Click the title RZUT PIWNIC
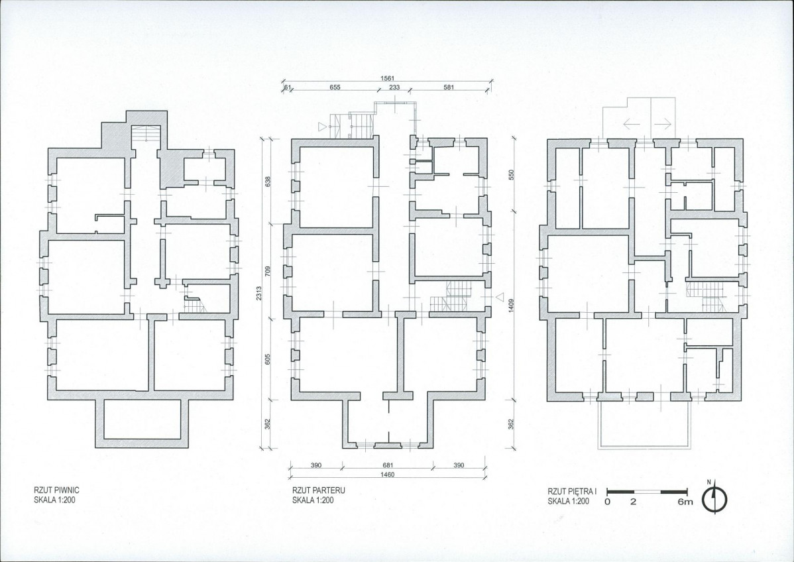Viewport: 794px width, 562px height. click(56, 490)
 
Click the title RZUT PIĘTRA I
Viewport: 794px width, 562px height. click(573, 491)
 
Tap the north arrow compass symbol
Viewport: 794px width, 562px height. click(714, 499)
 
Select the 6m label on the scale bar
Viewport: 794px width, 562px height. click(685, 502)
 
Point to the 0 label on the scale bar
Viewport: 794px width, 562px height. click(608, 502)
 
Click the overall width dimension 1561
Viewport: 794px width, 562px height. click(387, 78)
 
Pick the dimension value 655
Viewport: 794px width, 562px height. click(335, 87)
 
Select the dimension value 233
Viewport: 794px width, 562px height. click(394, 87)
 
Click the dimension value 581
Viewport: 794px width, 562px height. click(449, 87)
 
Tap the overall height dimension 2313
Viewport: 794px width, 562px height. click(259, 293)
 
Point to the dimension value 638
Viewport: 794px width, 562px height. click(268, 181)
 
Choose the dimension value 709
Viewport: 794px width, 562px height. click(268, 272)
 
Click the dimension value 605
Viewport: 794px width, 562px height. click(268, 359)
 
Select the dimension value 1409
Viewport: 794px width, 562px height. click(511, 306)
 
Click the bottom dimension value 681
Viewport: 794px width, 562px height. click(388, 465)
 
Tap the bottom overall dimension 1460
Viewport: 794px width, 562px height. click(387, 475)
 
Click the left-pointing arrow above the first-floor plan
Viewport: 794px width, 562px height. click(631, 123)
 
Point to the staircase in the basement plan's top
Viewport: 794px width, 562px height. click(146, 134)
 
